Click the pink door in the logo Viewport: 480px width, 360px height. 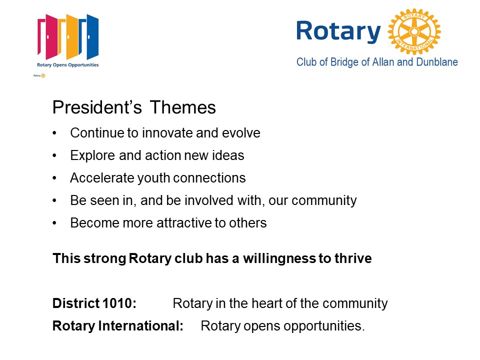(x=48, y=36)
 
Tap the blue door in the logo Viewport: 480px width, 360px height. (x=89, y=36)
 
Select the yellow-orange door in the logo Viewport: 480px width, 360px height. (x=68, y=36)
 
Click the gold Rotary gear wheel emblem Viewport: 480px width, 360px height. (x=414, y=31)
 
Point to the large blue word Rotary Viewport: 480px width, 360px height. (x=338, y=31)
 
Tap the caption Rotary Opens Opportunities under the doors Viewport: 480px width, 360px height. (x=67, y=65)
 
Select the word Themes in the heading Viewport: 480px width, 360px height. (x=183, y=107)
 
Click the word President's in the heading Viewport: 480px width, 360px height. (x=97, y=107)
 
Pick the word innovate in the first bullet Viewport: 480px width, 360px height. (x=167, y=133)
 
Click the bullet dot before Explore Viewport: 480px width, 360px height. (x=54, y=156)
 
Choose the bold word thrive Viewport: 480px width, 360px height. (x=353, y=258)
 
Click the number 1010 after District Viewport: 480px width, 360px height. (x=117, y=303)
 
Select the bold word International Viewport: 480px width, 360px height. (x=140, y=325)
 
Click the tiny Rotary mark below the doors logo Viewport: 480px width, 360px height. (x=39, y=75)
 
